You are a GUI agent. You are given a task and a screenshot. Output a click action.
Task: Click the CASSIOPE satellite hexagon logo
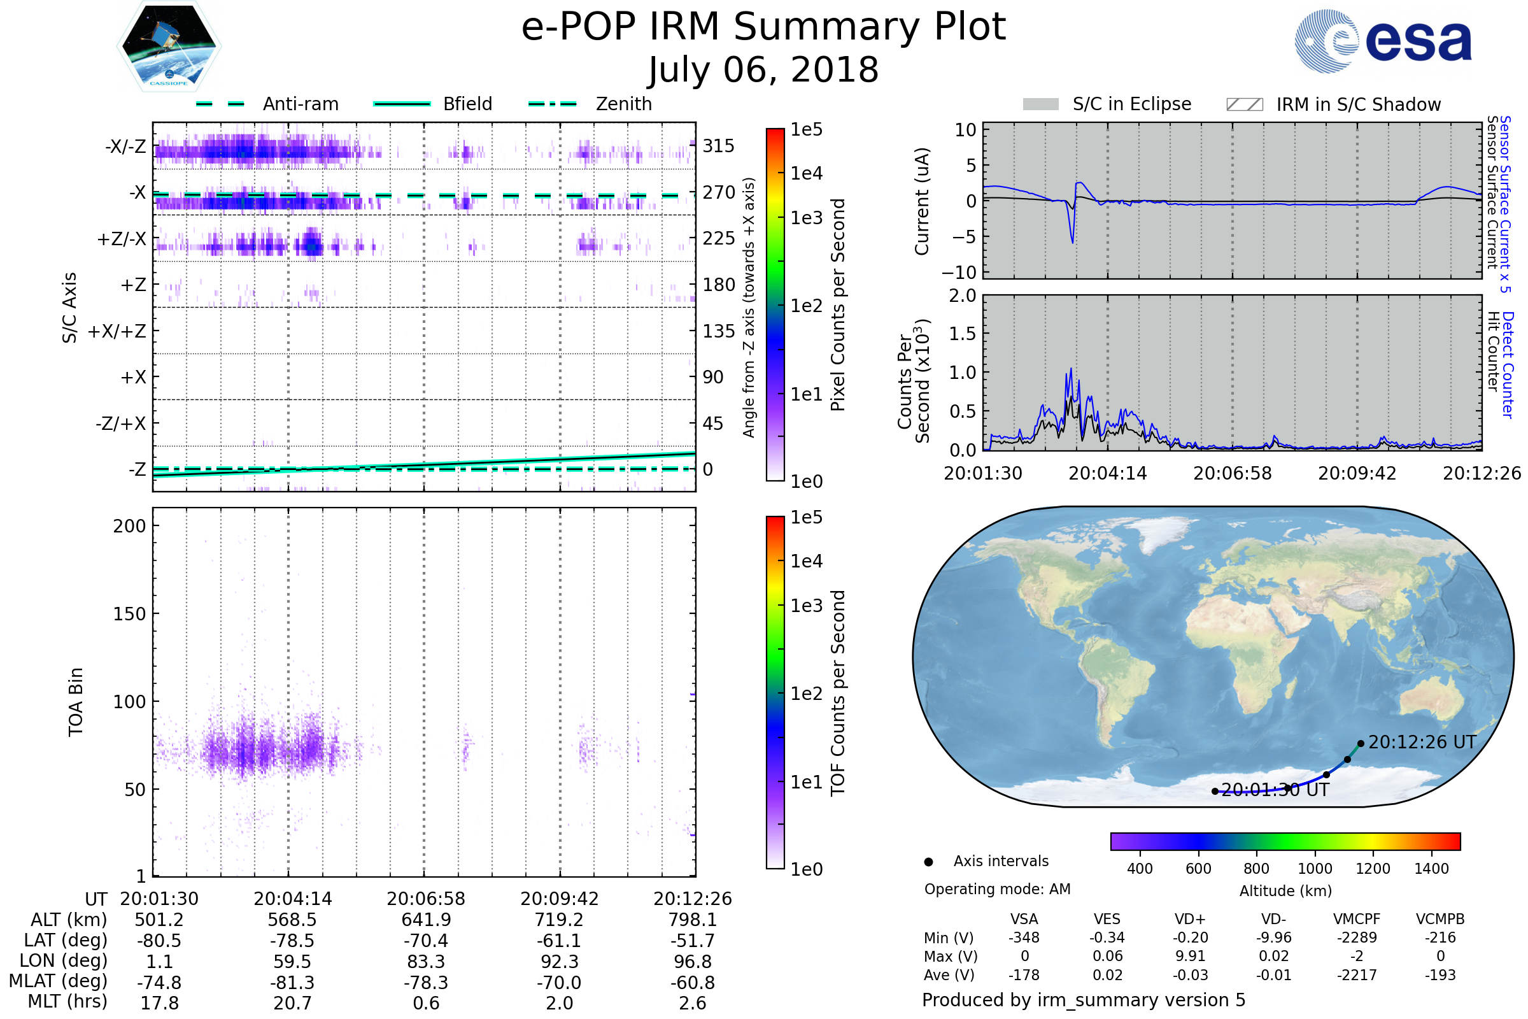coord(169,45)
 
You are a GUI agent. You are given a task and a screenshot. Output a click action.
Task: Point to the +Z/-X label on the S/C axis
coord(122,239)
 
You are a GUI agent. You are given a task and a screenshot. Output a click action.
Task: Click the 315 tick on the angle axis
coord(719,146)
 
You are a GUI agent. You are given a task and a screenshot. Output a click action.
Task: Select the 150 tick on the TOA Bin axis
coord(129,614)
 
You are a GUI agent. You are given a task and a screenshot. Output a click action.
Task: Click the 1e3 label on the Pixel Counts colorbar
coord(806,218)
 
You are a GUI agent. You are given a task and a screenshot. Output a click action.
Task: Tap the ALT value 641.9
coord(426,920)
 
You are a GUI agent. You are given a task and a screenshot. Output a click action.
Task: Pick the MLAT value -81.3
coord(292,983)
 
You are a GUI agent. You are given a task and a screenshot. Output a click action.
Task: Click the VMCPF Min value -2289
coord(1357,937)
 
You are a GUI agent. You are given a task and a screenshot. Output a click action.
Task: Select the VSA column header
coord(1024,919)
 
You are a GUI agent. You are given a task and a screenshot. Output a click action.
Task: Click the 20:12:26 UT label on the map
coord(1422,742)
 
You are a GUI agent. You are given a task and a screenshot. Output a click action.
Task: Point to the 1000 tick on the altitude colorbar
coord(1314,869)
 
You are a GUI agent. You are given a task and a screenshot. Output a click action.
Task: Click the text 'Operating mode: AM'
coord(997,889)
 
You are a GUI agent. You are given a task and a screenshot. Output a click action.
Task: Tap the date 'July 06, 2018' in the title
coord(763,69)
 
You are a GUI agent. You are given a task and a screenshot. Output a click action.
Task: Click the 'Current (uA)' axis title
coord(922,201)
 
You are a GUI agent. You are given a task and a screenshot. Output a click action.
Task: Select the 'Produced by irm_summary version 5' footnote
coord(1083,1000)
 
